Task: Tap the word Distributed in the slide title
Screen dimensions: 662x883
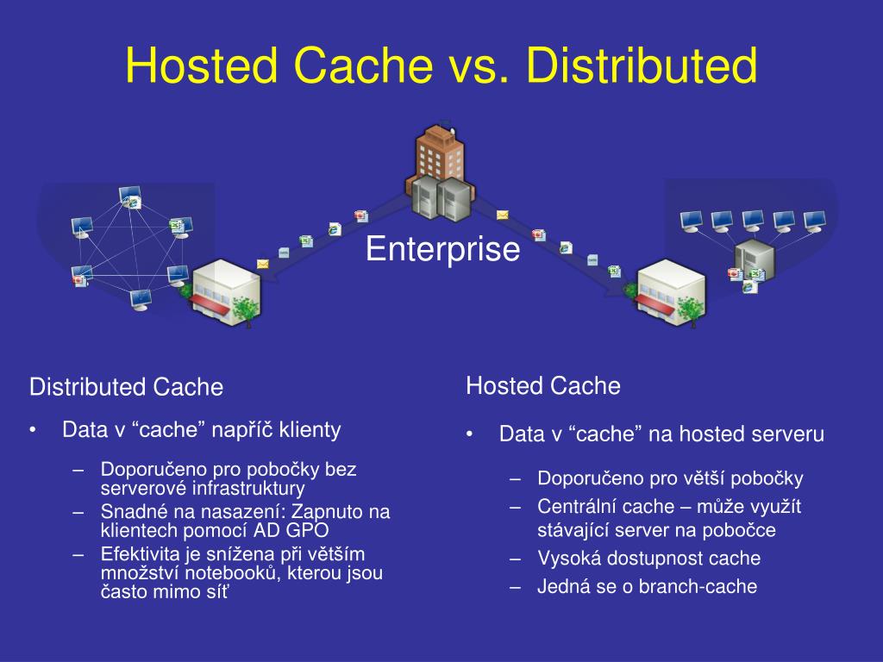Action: tap(642, 67)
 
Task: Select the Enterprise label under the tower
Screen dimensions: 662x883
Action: tap(442, 249)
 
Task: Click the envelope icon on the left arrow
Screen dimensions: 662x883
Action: tap(262, 264)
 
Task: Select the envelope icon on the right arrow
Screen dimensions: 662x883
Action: tap(502, 215)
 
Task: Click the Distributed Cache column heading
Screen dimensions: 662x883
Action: tap(126, 387)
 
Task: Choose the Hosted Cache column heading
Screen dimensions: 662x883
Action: tap(542, 385)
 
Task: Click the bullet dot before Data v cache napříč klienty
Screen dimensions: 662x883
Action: tap(32, 430)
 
